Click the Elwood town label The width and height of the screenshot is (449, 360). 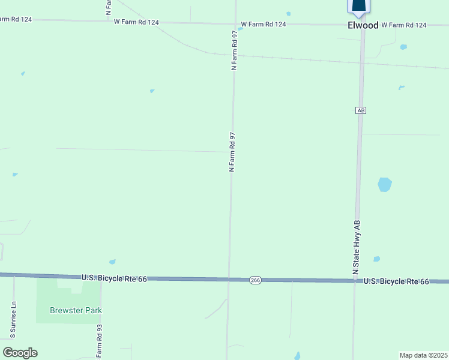(x=363, y=25)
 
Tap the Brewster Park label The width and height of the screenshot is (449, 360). (x=76, y=310)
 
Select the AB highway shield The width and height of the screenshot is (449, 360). (x=360, y=110)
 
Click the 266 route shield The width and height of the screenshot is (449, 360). (x=255, y=280)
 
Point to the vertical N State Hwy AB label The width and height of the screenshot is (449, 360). (x=357, y=248)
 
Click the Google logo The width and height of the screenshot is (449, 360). (x=20, y=353)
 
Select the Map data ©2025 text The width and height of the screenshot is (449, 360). (x=424, y=355)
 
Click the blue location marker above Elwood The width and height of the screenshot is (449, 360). (x=358, y=6)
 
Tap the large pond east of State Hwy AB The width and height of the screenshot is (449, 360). (x=385, y=184)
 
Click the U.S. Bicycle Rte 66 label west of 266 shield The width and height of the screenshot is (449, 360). (x=113, y=278)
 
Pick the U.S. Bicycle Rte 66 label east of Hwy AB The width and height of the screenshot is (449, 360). (x=397, y=281)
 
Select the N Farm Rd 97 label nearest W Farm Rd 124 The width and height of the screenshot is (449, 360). (x=235, y=50)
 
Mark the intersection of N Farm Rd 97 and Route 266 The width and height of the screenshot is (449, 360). (x=229, y=279)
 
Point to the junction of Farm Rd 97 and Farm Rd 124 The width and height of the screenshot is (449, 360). (x=235, y=24)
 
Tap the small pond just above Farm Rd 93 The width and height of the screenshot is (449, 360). (x=112, y=262)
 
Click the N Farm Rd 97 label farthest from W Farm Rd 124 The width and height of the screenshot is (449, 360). (x=231, y=152)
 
